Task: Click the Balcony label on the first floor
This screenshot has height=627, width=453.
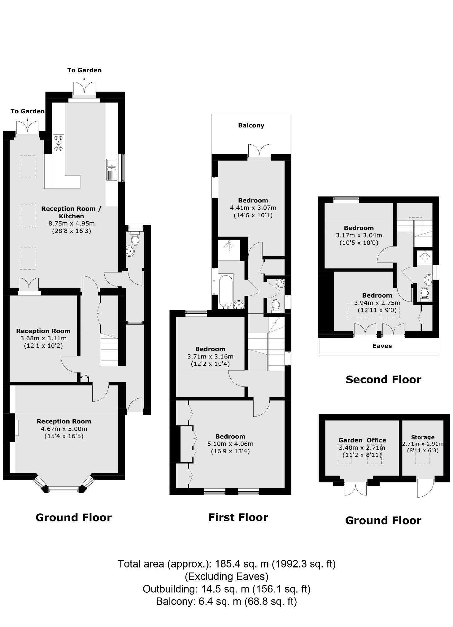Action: click(251, 125)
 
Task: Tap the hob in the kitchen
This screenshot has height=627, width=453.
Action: click(59, 143)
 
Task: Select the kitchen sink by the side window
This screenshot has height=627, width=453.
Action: click(111, 169)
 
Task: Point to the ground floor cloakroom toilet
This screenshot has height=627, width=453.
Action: click(135, 239)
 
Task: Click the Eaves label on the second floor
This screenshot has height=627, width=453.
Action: click(382, 346)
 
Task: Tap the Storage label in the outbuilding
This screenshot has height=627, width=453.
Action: click(423, 437)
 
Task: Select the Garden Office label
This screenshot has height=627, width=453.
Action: click(362, 440)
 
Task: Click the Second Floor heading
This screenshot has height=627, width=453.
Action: click(383, 380)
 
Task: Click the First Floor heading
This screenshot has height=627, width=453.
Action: click(238, 517)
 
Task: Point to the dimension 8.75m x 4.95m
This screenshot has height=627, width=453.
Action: click(72, 223)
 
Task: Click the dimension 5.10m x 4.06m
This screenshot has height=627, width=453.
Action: click(230, 444)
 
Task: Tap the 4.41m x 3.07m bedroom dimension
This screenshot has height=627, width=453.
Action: click(253, 208)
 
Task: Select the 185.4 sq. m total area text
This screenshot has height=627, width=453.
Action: click(226, 564)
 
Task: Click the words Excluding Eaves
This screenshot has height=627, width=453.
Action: click(226, 576)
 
